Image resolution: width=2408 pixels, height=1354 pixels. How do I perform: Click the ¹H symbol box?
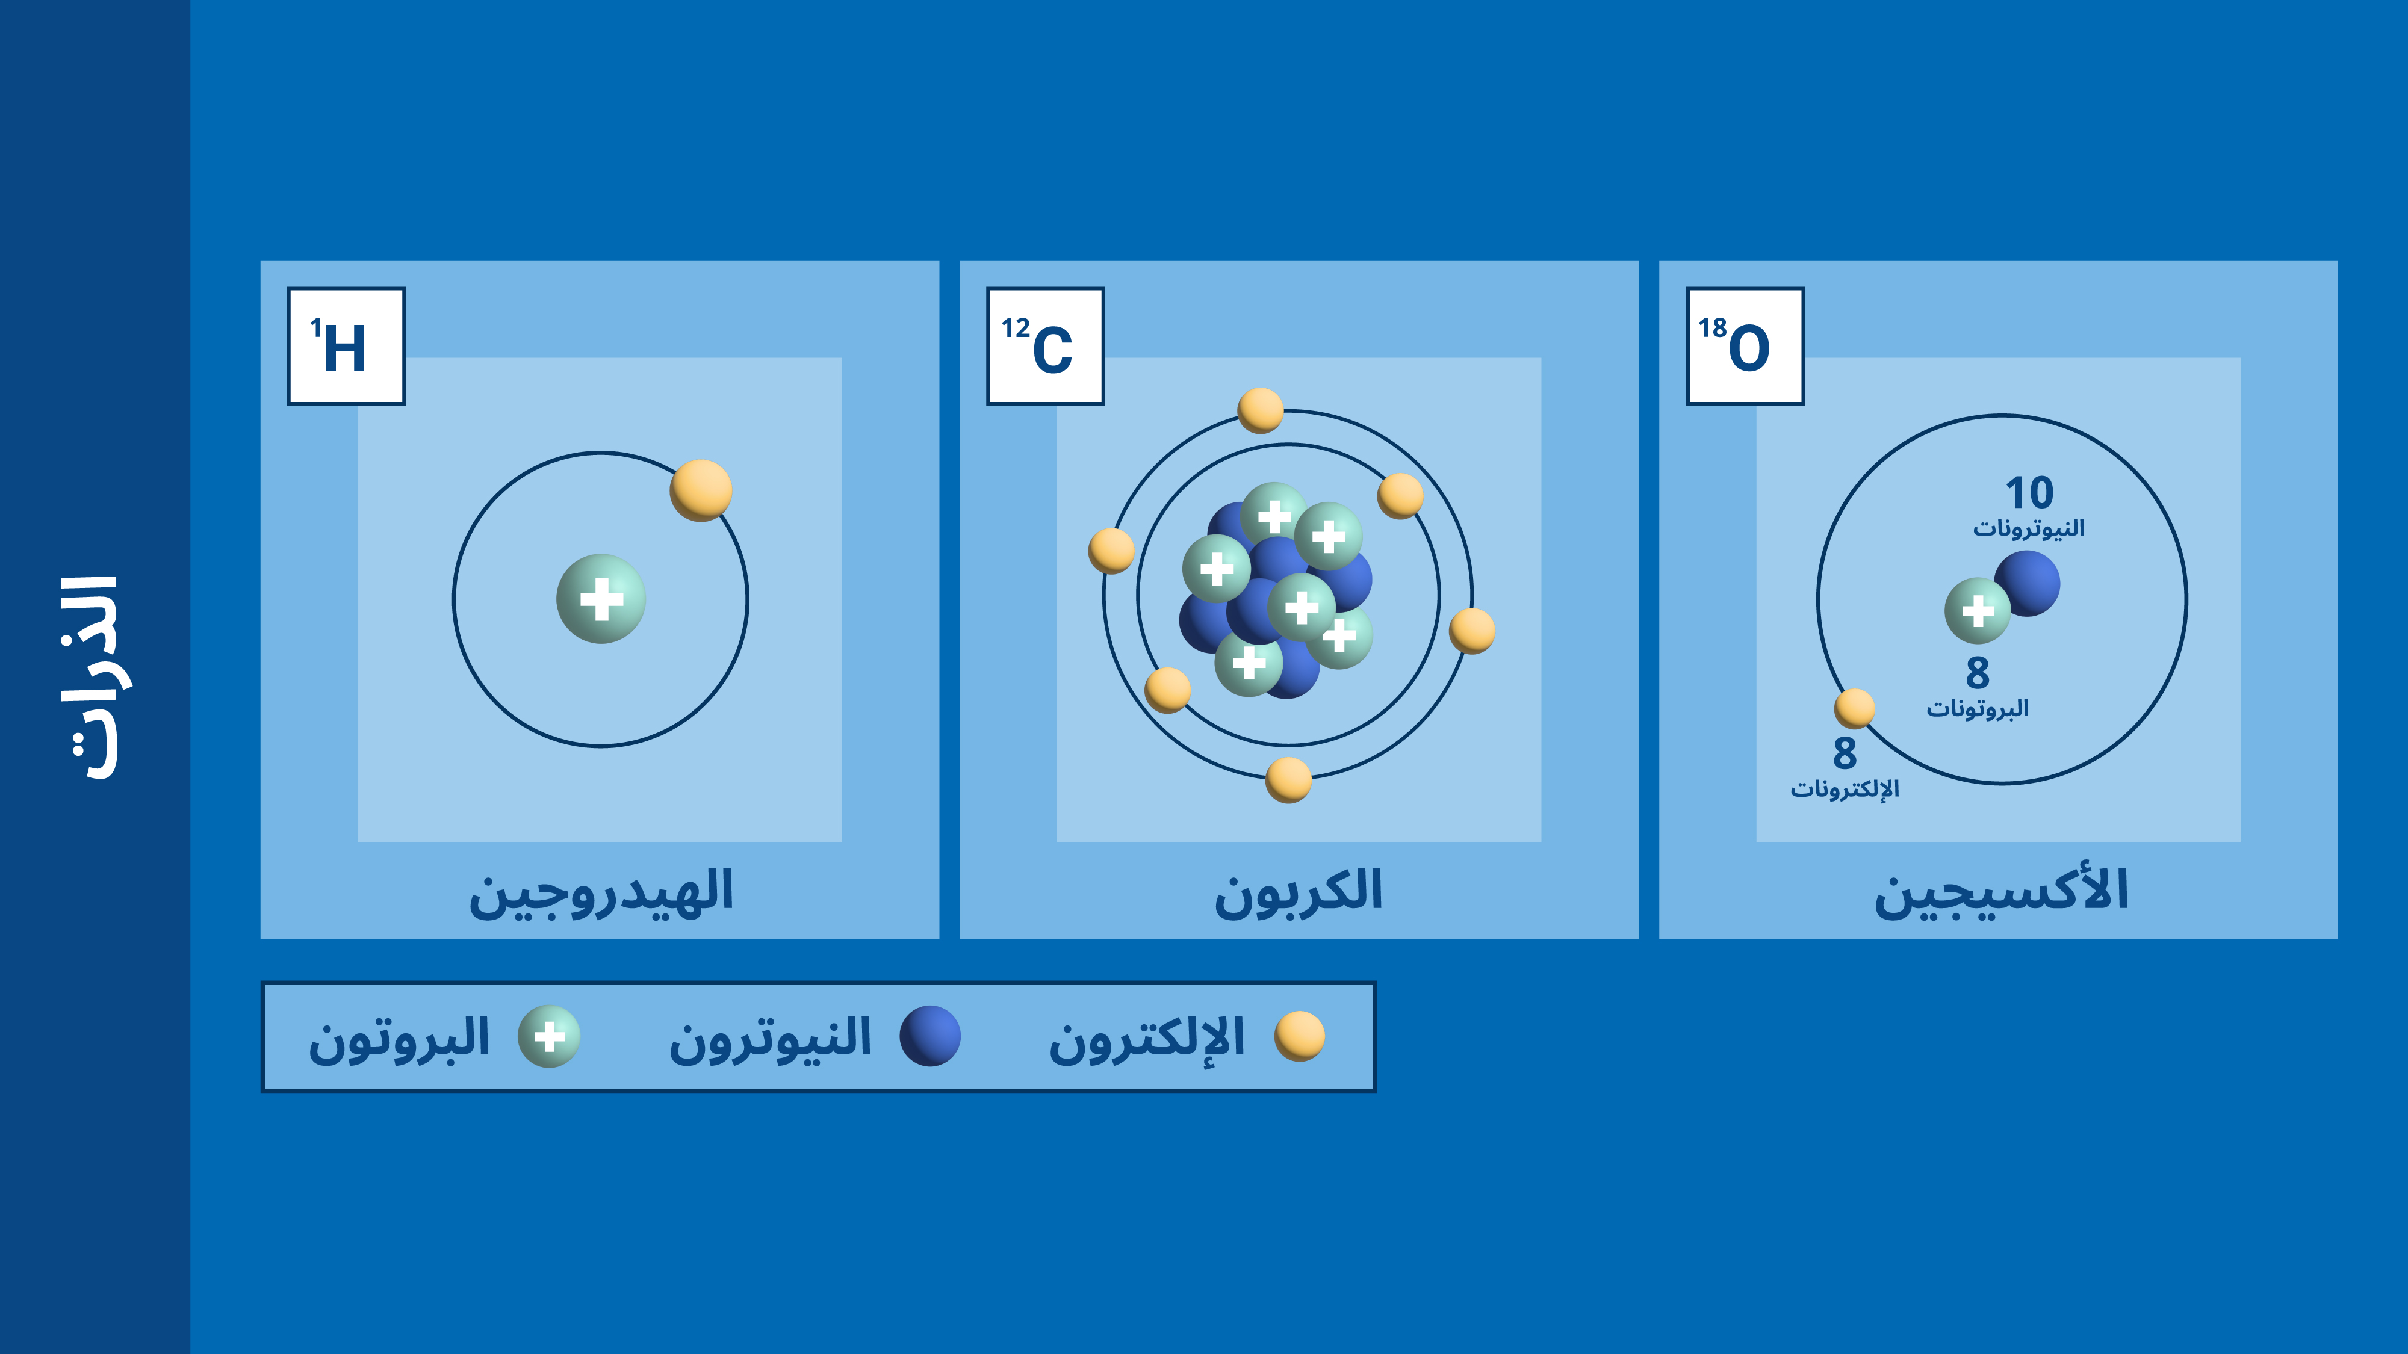346,346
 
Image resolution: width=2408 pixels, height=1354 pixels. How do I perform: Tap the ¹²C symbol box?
1045,346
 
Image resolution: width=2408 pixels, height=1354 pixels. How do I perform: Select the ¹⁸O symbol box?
1745,346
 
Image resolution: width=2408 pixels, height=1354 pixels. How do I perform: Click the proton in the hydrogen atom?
601,599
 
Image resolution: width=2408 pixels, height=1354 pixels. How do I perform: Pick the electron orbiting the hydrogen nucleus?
701,490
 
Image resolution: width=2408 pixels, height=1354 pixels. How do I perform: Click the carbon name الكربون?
1299,892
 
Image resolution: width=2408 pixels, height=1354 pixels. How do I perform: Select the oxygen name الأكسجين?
2002,892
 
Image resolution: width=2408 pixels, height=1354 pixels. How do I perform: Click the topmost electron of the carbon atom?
1260,411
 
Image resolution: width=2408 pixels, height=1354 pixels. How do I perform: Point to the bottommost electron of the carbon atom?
1288,781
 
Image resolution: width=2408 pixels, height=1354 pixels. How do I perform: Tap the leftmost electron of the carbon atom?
1111,551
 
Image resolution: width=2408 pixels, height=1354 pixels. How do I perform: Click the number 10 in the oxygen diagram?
2029,492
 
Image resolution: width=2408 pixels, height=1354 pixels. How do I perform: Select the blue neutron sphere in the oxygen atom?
2028,583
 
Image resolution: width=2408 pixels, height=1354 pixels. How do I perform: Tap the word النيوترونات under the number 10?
2029,529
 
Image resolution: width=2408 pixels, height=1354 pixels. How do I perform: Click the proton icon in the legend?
550,1036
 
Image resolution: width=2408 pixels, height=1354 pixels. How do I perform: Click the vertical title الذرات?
93,678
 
